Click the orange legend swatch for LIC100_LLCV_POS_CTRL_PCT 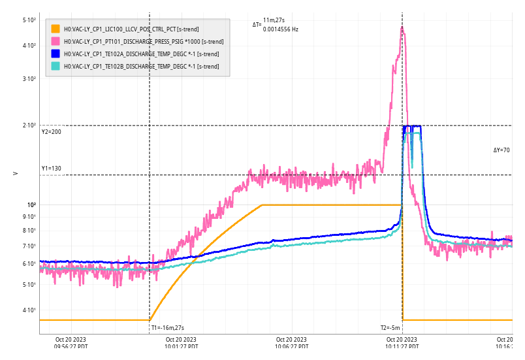(x=56, y=29)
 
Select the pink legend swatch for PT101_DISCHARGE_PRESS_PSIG (x=56, y=41)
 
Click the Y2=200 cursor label (x=51, y=132)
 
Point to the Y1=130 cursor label (x=51, y=169)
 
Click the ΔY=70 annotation (x=501, y=150)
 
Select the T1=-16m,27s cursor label (x=168, y=328)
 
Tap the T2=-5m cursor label (x=390, y=328)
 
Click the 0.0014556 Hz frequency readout (x=281, y=29)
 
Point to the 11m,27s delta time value (x=274, y=21)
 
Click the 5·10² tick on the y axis (x=29, y=20)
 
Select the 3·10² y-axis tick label (x=29, y=79)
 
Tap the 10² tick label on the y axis (x=31, y=205)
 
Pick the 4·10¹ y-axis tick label (x=29, y=310)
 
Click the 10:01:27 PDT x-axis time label (x=181, y=347)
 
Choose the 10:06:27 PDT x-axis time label (x=291, y=347)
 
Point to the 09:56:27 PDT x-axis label (x=71, y=347)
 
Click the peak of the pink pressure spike (x=402, y=27)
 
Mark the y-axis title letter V (x=15, y=173)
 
